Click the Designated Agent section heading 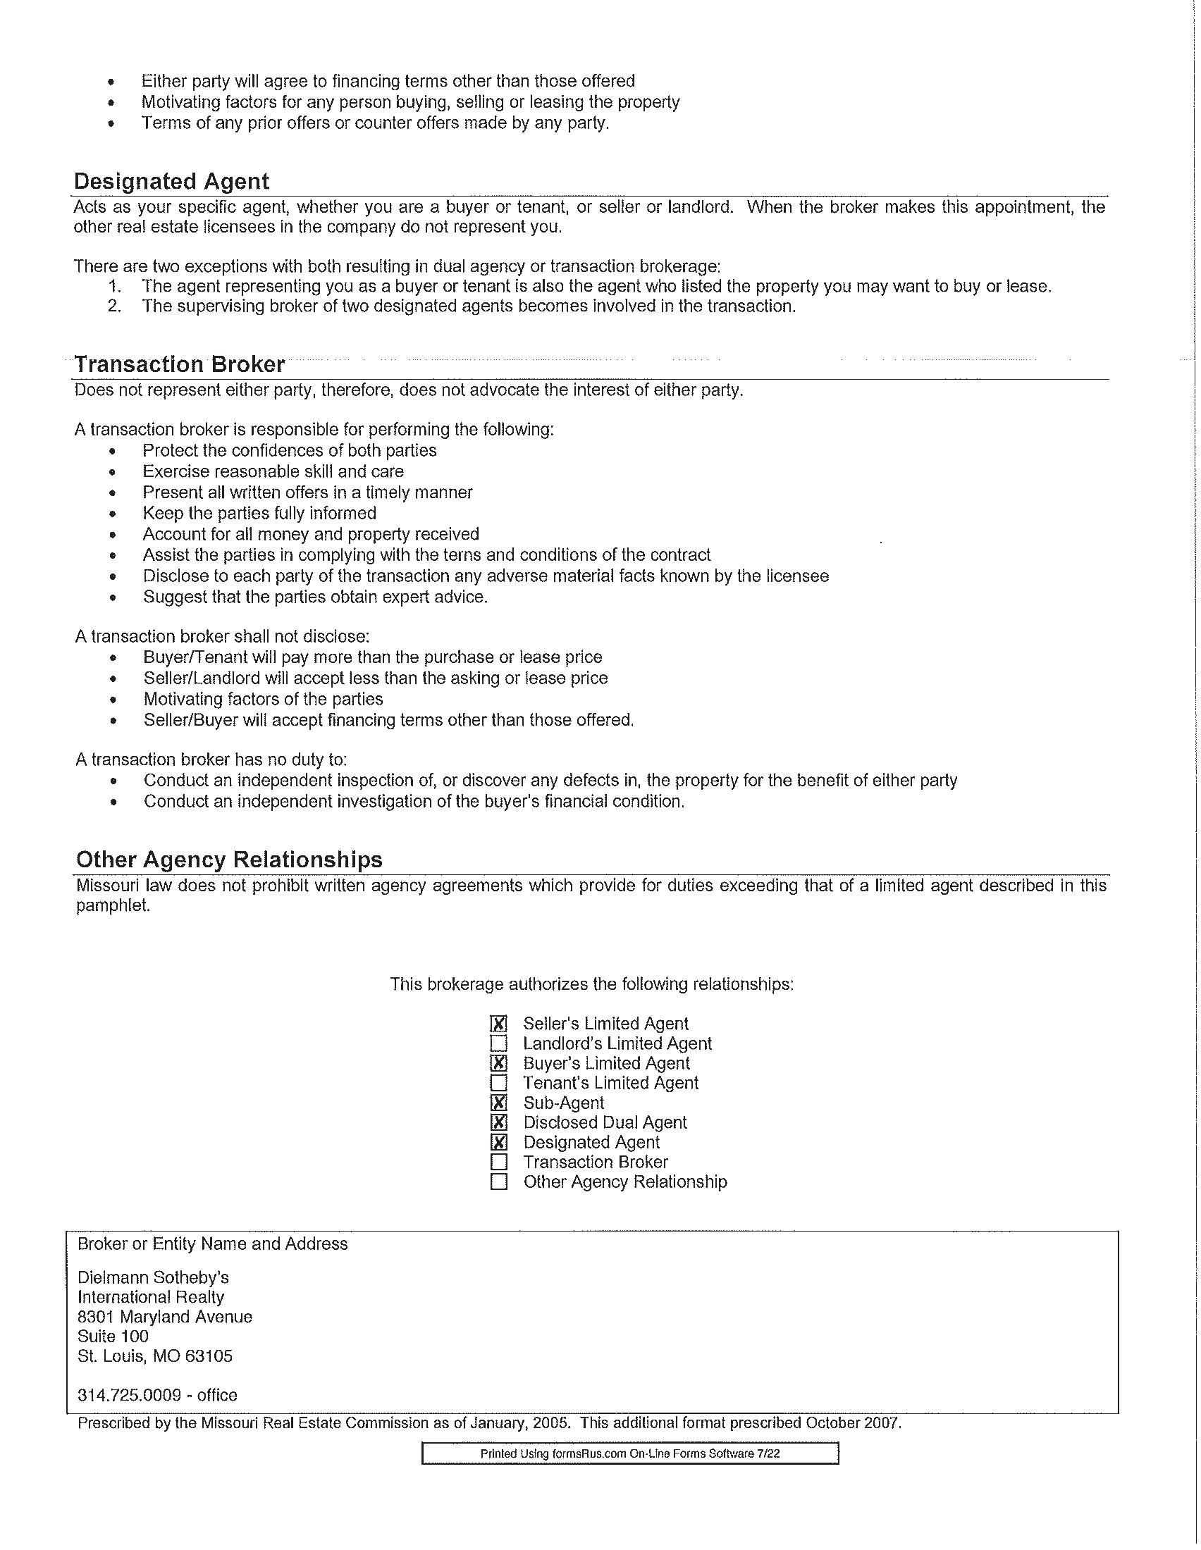point(171,181)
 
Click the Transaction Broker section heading point(180,364)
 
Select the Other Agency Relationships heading point(228,860)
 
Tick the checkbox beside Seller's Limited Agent point(499,1024)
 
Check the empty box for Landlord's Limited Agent point(499,1043)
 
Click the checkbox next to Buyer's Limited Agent point(499,1063)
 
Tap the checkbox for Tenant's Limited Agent point(499,1083)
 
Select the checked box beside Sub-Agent point(499,1103)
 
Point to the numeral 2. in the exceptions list point(115,306)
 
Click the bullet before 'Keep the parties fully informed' point(112,514)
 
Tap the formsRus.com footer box point(629,1453)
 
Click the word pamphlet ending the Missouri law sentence point(113,906)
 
